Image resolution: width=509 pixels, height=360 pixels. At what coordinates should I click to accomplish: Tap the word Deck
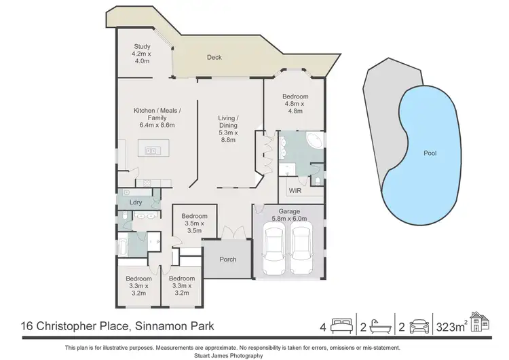214,58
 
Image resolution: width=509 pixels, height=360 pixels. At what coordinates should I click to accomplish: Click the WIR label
294,190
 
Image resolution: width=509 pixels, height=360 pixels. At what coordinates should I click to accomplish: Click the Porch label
227,259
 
